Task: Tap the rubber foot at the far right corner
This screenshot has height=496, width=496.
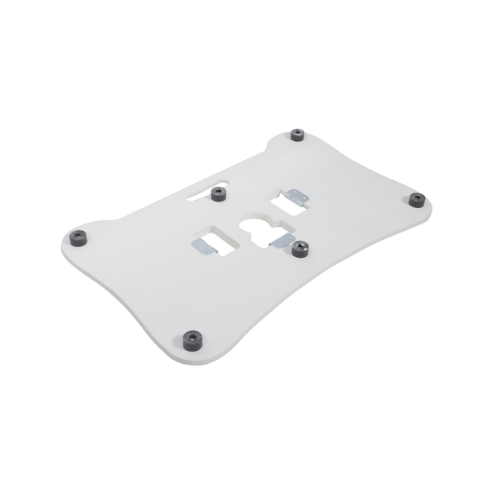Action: click(417, 200)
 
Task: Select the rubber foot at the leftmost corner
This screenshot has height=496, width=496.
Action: click(78, 238)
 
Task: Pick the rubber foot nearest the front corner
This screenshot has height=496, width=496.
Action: click(193, 339)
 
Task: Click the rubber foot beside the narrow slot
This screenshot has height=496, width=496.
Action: click(218, 194)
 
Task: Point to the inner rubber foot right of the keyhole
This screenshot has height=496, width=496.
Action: click(300, 249)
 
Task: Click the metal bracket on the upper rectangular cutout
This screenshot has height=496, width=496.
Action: click(299, 197)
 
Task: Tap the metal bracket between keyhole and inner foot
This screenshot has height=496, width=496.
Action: click(281, 241)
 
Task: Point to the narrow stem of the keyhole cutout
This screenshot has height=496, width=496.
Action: click(259, 241)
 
